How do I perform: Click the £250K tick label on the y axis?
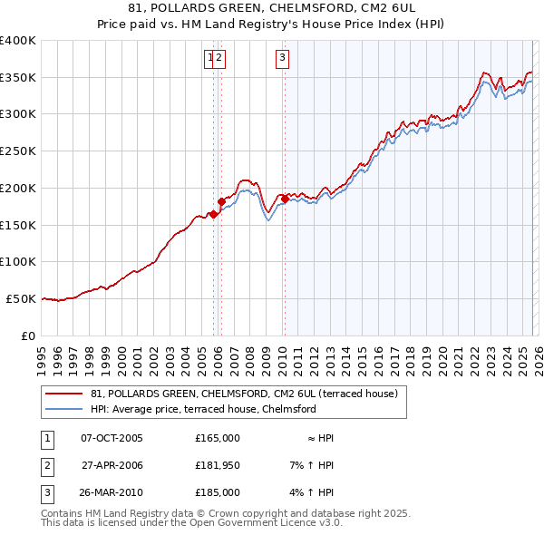(x=18, y=151)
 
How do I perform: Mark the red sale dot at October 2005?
(x=213, y=214)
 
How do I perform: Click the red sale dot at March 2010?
(x=285, y=199)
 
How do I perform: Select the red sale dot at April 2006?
(x=221, y=201)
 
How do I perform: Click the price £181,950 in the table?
(x=218, y=465)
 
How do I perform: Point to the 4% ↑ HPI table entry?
(x=312, y=492)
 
